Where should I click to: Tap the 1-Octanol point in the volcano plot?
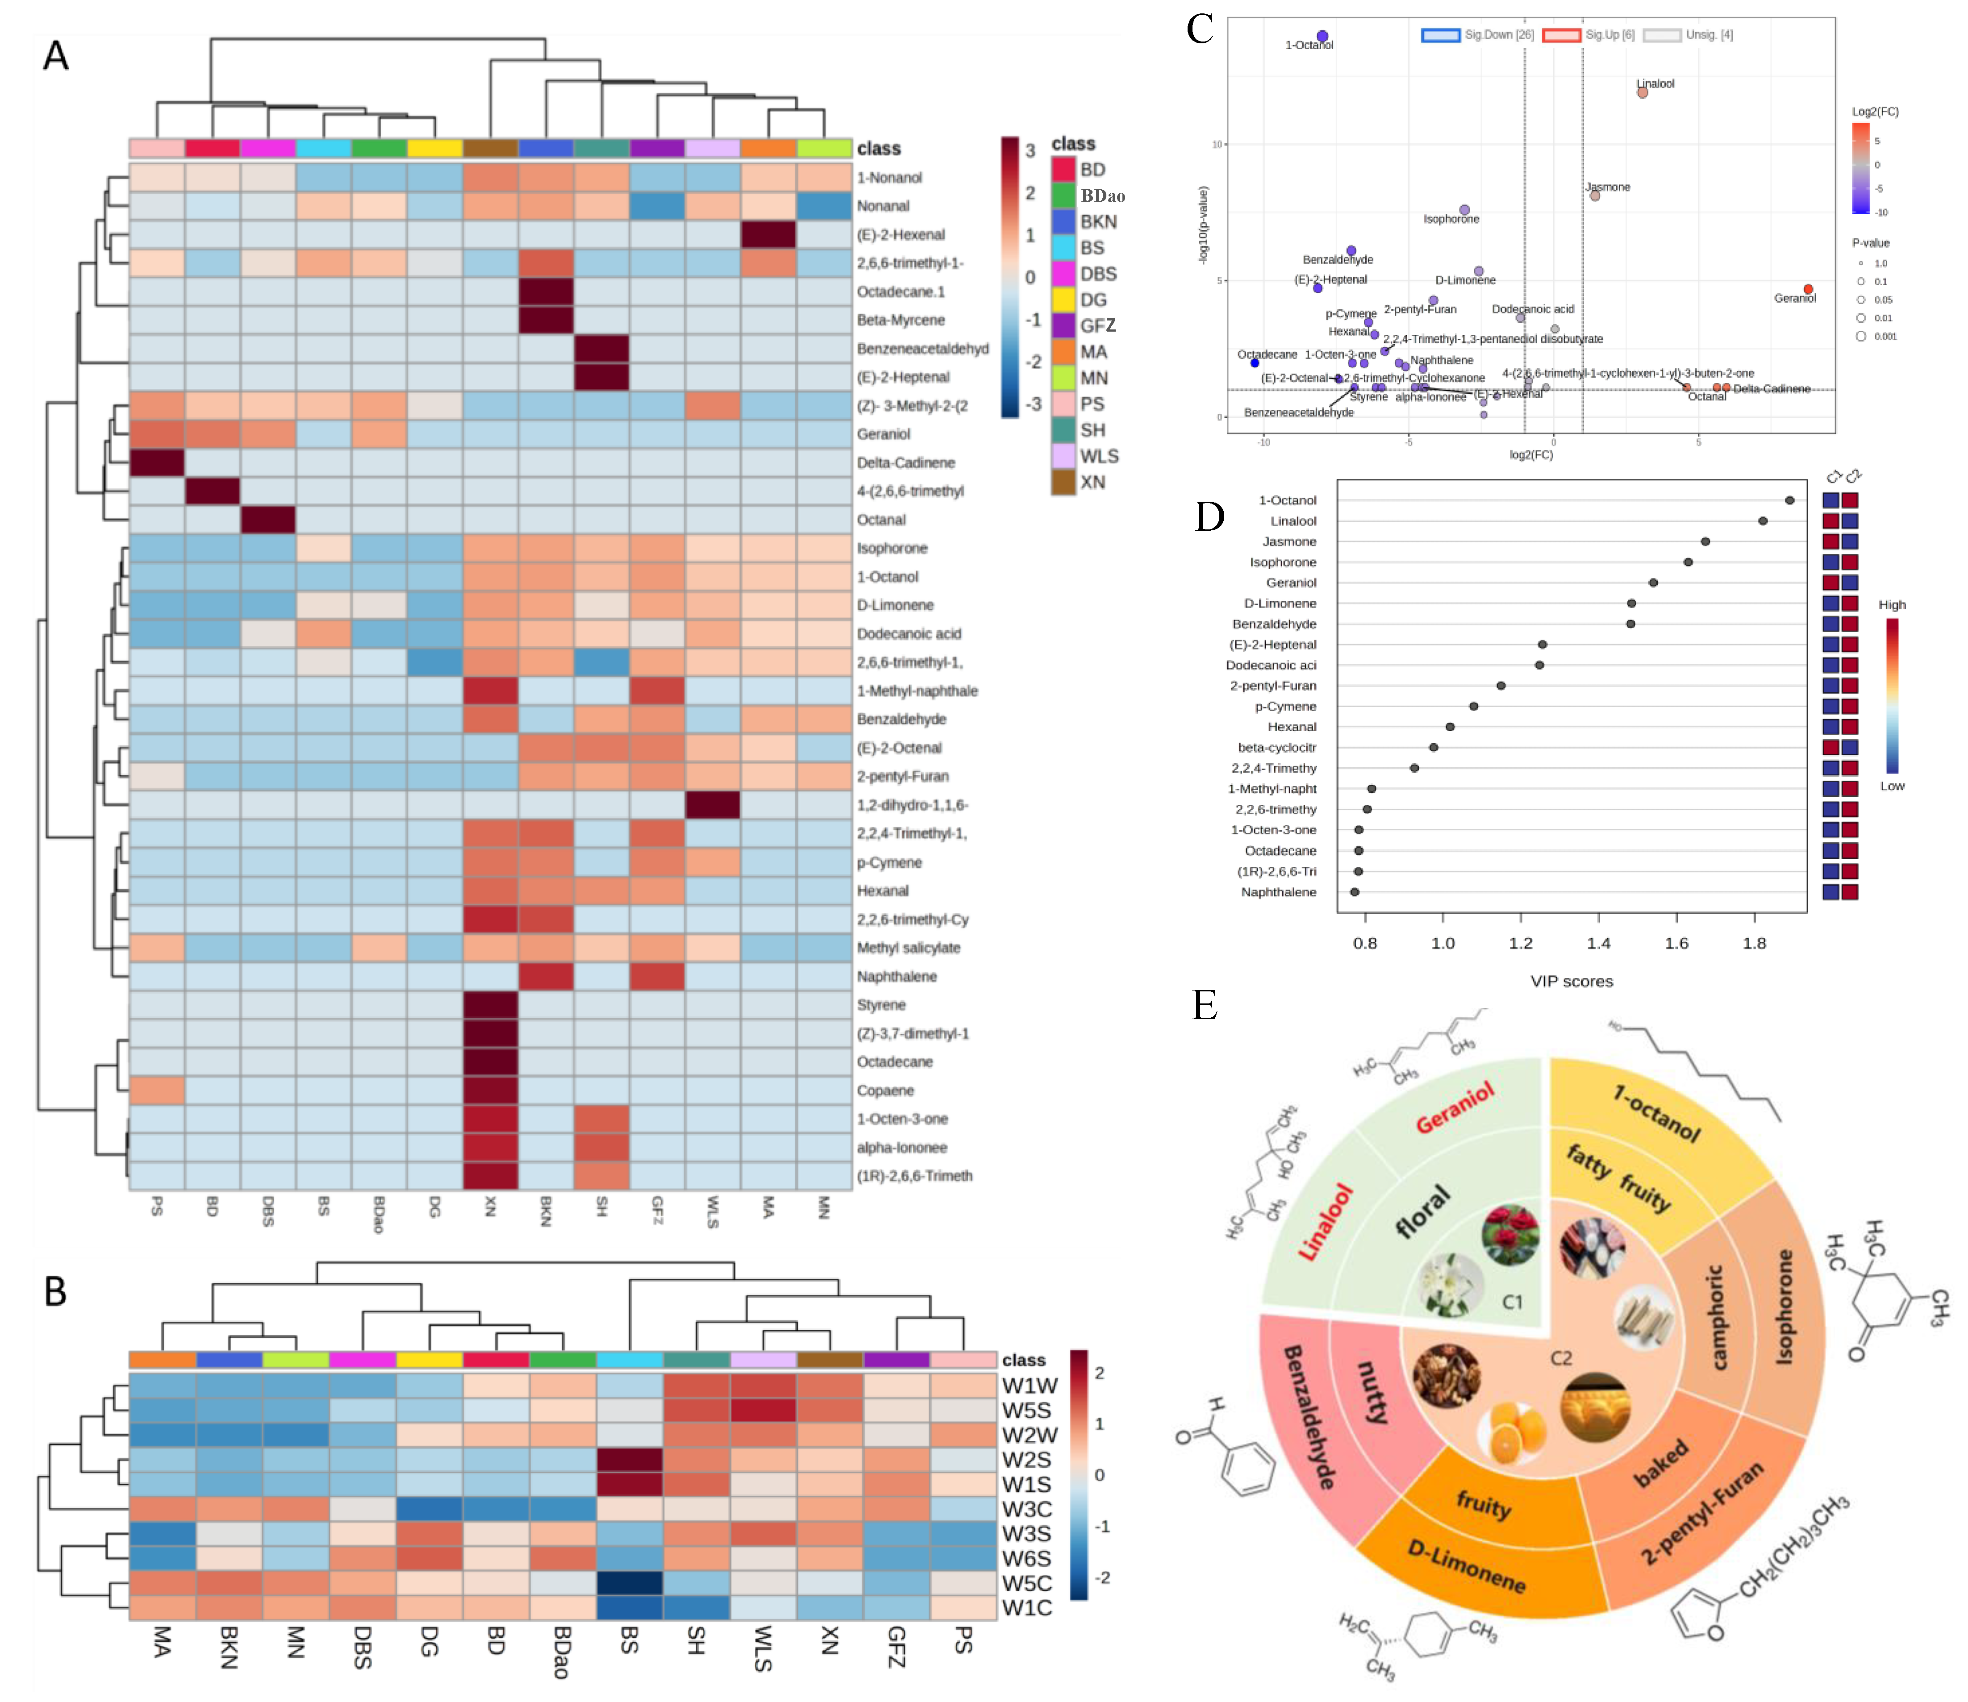tap(1322, 36)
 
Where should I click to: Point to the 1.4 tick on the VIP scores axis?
tap(1598, 943)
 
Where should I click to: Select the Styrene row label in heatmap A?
tap(881, 1005)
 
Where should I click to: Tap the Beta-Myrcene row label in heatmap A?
tap(901, 320)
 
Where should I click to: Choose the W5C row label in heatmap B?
tap(1027, 1583)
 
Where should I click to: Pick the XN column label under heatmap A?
tap(490, 1207)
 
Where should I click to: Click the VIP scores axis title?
tap(1572, 981)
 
